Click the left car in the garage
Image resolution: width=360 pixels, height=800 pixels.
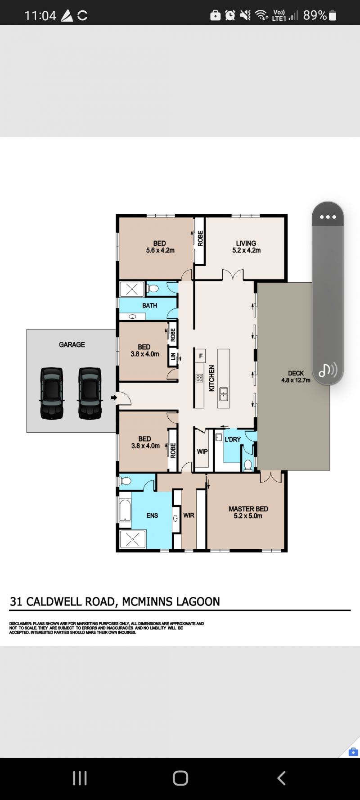click(52, 393)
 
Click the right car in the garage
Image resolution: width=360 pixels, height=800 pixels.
click(90, 393)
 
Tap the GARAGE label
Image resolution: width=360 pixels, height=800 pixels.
click(72, 344)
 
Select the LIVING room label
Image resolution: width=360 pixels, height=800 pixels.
click(246, 243)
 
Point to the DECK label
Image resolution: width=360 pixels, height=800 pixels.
click(296, 373)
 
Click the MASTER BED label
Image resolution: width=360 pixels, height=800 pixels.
click(248, 509)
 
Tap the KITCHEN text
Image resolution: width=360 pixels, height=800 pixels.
click(211, 378)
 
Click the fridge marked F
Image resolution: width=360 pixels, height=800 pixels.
click(201, 356)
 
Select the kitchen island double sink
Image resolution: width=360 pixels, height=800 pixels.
click(224, 394)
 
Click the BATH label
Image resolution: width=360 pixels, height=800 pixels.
click(150, 305)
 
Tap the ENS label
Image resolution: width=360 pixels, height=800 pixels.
click(152, 515)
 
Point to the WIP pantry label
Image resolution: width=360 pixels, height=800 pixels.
click(202, 452)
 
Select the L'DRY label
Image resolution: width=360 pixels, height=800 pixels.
click(233, 439)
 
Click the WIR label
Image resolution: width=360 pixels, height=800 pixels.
click(189, 515)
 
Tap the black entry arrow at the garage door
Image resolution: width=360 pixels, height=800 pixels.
click(114, 398)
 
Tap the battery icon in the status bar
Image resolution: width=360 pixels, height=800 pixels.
click(333, 16)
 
